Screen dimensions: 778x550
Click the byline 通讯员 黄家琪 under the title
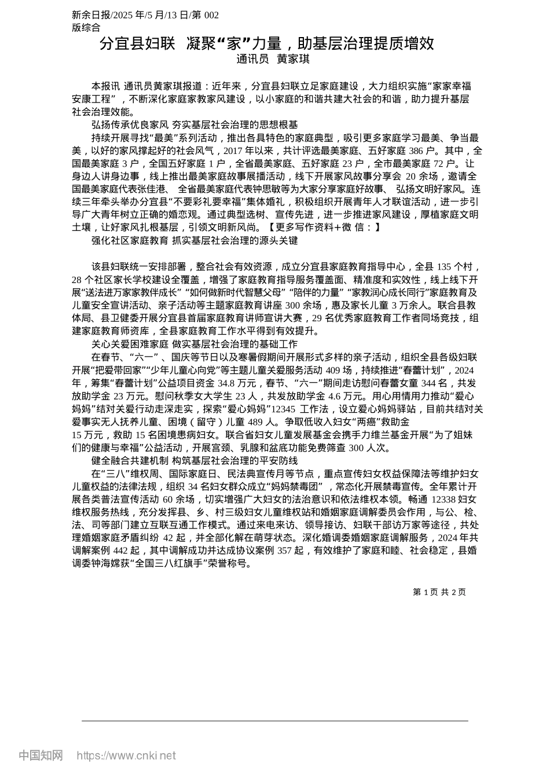point(273,58)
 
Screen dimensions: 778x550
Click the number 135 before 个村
point(444,267)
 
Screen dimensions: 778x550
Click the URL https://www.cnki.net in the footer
point(126,755)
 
